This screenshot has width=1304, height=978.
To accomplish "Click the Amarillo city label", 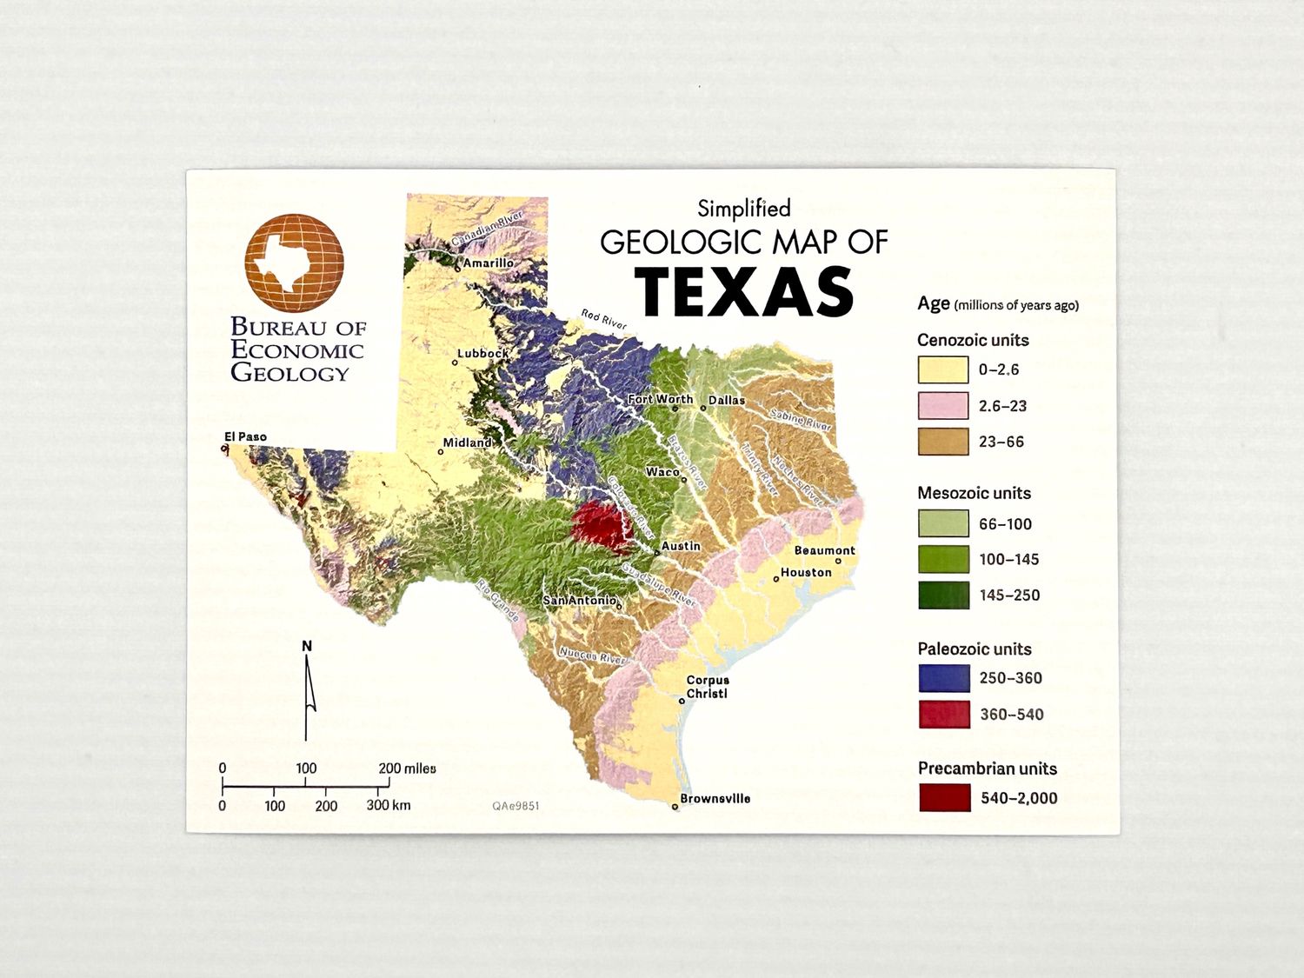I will click(488, 263).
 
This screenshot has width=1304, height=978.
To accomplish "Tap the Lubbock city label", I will click(483, 354).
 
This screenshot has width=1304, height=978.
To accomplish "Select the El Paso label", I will click(245, 436).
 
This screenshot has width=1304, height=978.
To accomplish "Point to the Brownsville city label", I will click(715, 798).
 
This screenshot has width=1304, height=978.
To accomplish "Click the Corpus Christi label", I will click(708, 687).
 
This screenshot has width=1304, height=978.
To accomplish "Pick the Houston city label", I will click(806, 572).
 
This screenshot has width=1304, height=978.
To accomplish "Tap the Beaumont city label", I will click(824, 550).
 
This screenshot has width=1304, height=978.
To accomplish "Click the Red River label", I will click(604, 320).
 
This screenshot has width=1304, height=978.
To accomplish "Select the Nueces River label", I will click(592, 655).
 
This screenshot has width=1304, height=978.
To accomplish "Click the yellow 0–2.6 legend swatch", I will click(943, 369).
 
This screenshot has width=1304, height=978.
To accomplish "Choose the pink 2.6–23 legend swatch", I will click(943, 406).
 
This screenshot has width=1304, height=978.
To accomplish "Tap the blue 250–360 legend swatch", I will click(944, 678).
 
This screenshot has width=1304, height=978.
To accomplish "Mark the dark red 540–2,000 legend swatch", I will click(945, 798).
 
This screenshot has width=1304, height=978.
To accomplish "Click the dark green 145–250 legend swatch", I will click(944, 595).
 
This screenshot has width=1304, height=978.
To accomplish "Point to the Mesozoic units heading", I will click(974, 493).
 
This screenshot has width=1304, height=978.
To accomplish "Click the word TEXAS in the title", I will click(744, 291).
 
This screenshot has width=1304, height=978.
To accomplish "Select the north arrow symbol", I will click(307, 691).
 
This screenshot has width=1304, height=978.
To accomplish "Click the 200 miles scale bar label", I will click(407, 768).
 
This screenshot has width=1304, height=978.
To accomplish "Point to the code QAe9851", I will click(516, 806).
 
